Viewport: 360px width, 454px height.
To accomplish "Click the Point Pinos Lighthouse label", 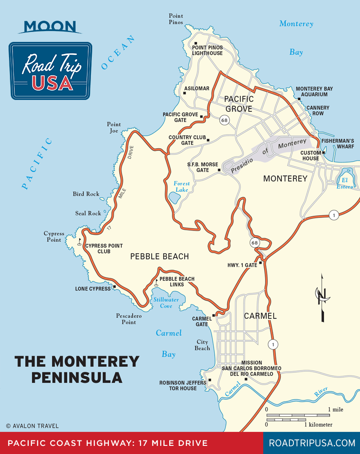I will click(x=207, y=50).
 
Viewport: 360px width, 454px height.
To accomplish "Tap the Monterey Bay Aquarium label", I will click(x=315, y=91).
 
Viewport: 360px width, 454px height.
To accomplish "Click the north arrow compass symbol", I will click(x=322, y=297).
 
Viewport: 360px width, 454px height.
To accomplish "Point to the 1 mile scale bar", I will click(x=298, y=415).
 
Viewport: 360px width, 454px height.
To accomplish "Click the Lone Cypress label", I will click(x=93, y=289).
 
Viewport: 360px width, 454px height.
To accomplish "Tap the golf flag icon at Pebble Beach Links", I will click(x=156, y=282).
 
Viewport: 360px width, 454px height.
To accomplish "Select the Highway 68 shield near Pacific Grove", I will click(x=225, y=121).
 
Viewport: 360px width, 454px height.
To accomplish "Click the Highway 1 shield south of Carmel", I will click(x=272, y=345).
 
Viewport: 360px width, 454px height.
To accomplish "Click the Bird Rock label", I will click(x=86, y=194).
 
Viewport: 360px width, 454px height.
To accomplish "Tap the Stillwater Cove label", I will click(x=166, y=303).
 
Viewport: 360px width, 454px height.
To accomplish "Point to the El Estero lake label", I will click(x=345, y=183).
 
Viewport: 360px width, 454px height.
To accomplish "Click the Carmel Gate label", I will click(x=200, y=321).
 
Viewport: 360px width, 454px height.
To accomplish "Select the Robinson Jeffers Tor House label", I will click(x=178, y=386).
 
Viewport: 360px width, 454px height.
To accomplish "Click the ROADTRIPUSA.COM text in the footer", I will click(x=312, y=443).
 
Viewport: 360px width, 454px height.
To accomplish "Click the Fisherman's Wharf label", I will click(x=337, y=144).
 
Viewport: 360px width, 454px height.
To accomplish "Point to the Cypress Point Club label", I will click(x=104, y=249).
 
